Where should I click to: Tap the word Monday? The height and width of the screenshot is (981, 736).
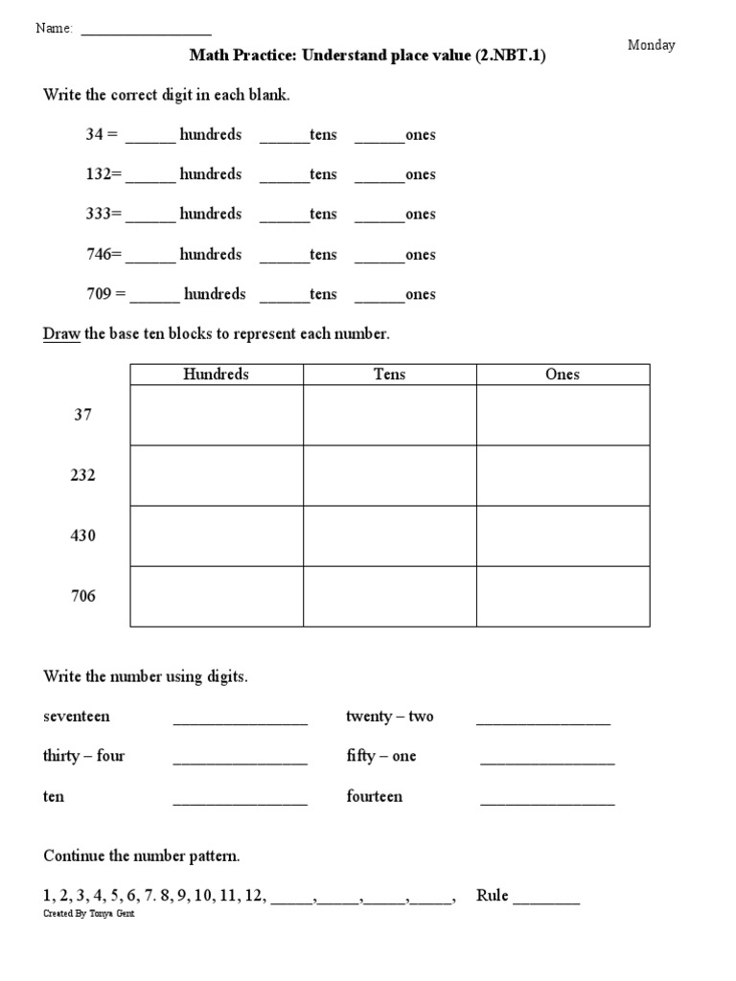(x=652, y=45)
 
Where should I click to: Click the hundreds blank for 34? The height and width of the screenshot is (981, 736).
(x=150, y=138)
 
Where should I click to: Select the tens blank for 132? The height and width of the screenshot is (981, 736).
(x=285, y=178)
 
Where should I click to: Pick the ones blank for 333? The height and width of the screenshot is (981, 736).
(x=380, y=218)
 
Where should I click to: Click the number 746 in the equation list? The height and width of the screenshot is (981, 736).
(x=101, y=255)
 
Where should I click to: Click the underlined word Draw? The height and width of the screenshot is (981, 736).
(x=61, y=334)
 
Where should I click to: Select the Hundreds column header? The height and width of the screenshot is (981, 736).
(x=216, y=375)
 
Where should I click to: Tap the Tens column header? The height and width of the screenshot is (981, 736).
(x=389, y=375)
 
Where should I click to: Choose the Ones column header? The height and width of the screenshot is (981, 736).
(x=563, y=375)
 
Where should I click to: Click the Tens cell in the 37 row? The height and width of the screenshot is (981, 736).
(x=389, y=415)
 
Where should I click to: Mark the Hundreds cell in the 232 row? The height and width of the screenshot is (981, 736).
(x=216, y=475)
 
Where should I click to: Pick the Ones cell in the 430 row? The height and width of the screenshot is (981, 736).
(x=563, y=536)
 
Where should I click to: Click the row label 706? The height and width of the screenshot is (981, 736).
(x=83, y=596)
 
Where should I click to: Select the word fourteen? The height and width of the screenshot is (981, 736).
(x=375, y=797)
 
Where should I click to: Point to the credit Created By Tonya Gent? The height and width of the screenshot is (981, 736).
(x=82, y=914)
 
